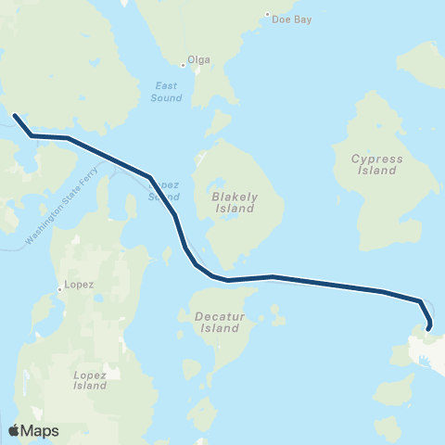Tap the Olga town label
click(x=199, y=60)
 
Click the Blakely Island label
click(x=234, y=203)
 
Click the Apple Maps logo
click(x=32, y=430)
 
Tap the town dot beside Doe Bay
click(x=267, y=15)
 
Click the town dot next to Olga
click(x=184, y=65)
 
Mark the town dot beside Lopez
click(x=60, y=288)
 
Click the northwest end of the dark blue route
click(x=16, y=116)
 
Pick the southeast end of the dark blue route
click(x=430, y=325)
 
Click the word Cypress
click(x=377, y=159)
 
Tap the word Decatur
click(x=219, y=316)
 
